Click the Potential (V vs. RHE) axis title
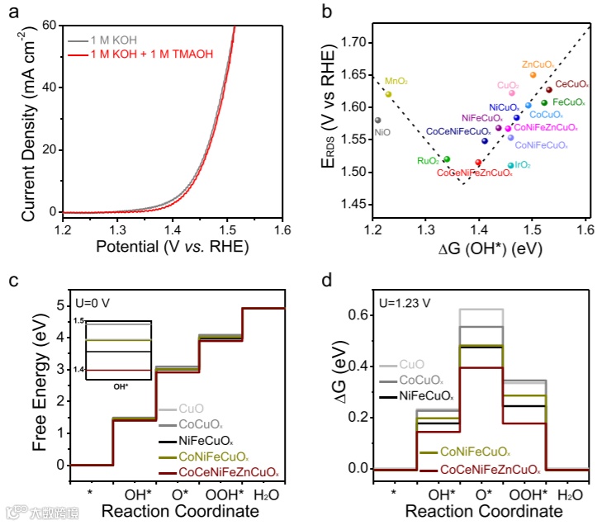click(173, 246)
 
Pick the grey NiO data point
click(378, 120)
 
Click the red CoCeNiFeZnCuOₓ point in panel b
click(478, 163)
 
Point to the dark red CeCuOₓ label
click(571, 84)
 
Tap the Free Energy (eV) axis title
click(40, 386)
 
